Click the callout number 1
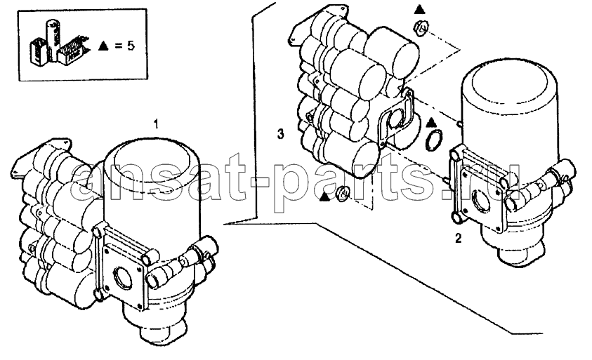click(156, 124)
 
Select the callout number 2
click(458, 238)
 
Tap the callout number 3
click(280, 133)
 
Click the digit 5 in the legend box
click(130, 46)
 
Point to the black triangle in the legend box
click(103, 46)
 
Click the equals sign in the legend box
click(119, 46)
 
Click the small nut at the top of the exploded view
click(421, 27)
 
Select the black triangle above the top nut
click(419, 9)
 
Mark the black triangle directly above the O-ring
click(431, 123)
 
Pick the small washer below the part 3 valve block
click(343, 194)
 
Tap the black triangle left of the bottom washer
click(324, 196)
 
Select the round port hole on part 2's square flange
click(480, 200)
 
